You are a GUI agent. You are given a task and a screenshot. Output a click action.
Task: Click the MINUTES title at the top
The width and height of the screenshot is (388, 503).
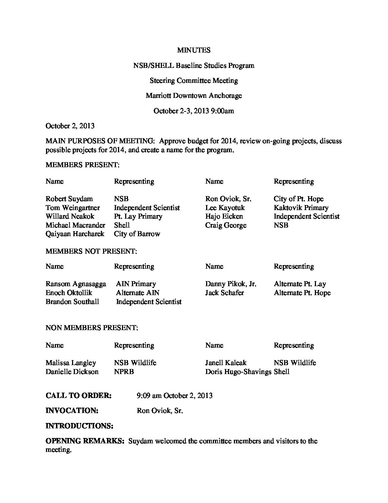click(194, 50)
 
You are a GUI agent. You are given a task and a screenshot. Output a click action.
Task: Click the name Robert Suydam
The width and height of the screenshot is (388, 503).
click(69, 199)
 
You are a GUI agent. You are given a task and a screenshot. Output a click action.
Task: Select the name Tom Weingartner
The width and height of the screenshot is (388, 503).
click(73, 208)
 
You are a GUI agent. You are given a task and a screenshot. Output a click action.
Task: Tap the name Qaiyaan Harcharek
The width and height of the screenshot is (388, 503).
click(75, 234)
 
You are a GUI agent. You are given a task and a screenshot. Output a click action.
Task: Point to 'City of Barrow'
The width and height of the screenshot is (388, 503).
click(137, 234)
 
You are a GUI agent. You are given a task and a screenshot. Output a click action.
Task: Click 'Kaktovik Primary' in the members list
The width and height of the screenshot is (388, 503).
click(301, 208)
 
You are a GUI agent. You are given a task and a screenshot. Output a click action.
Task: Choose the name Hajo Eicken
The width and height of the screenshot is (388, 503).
click(224, 216)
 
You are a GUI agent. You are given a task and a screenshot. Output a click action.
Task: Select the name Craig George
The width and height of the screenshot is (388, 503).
click(226, 225)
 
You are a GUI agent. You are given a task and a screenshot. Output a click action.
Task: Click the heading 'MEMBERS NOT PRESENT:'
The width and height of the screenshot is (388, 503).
click(91, 251)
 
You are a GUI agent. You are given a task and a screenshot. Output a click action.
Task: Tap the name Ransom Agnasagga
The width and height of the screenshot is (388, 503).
click(76, 284)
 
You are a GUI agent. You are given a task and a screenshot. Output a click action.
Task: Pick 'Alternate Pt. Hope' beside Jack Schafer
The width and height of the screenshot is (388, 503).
click(302, 293)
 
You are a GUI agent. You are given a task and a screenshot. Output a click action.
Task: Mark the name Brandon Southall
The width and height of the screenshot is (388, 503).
click(72, 302)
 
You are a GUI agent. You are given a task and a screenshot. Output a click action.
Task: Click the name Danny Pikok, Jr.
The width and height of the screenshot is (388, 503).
click(231, 284)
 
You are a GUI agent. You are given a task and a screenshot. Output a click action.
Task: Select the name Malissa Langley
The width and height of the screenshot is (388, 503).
click(71, 363)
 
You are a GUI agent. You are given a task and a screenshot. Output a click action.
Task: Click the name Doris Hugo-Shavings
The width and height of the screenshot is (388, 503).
click(238, 372)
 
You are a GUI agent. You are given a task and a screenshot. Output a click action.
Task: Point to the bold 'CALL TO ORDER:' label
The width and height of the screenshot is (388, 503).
click(78, 395)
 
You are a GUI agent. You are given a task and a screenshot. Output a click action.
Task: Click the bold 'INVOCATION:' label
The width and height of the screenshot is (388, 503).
click(72, 411)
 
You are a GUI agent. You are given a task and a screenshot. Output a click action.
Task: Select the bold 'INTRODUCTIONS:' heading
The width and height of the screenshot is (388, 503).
click(80, 426)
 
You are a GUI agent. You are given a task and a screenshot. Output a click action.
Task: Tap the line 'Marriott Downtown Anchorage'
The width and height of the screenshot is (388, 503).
click(194, 96)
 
